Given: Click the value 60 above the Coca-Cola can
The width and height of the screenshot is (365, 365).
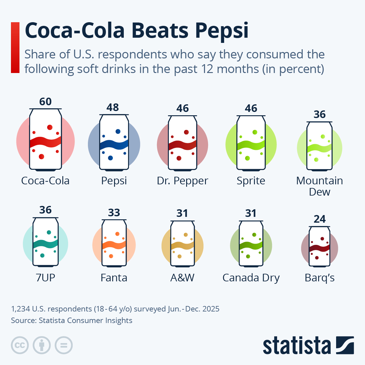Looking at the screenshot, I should (45, 102).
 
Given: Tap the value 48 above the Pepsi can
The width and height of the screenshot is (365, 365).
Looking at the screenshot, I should (113, 107).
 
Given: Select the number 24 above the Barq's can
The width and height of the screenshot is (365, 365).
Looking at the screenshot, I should (319, 219).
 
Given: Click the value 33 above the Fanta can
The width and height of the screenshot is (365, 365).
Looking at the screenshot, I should (114, 213).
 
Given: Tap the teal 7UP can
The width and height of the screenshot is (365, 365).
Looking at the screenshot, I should (45, 242).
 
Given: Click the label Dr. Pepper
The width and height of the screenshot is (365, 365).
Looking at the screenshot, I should (182, 181).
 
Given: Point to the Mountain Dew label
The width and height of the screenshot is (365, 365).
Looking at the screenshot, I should (319, 186).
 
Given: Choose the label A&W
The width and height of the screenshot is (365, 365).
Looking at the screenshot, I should (182, 278).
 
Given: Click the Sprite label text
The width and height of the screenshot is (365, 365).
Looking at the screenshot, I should (251, 181).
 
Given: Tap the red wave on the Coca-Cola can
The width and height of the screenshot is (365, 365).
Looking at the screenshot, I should (45, 142).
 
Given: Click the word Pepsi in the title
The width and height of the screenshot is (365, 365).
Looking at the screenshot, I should (221, 31).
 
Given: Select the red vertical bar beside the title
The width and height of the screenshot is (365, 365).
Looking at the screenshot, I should (15, 47).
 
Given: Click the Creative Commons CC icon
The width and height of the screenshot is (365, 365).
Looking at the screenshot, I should (20, 345).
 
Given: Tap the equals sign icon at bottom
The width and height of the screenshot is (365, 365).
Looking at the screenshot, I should (64, 345).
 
